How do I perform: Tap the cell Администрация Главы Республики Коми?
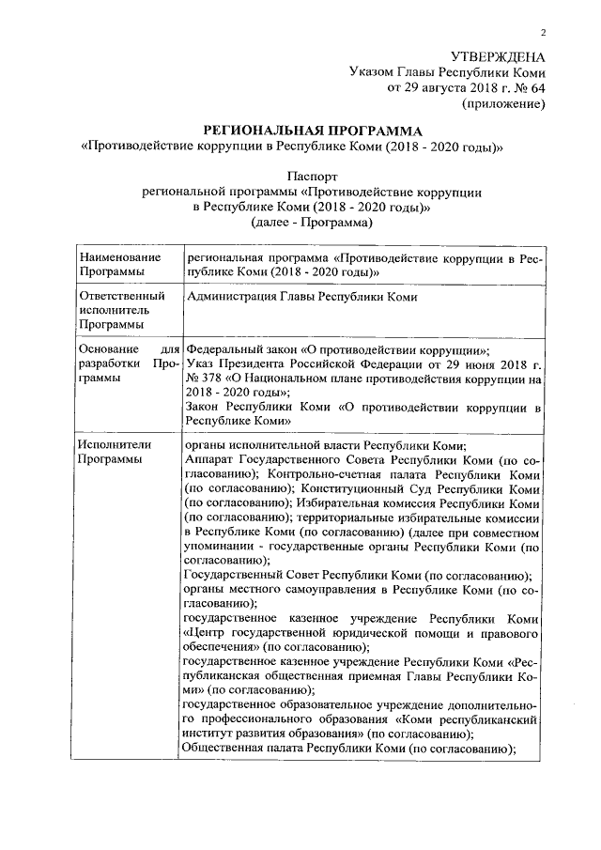[301, 297]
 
